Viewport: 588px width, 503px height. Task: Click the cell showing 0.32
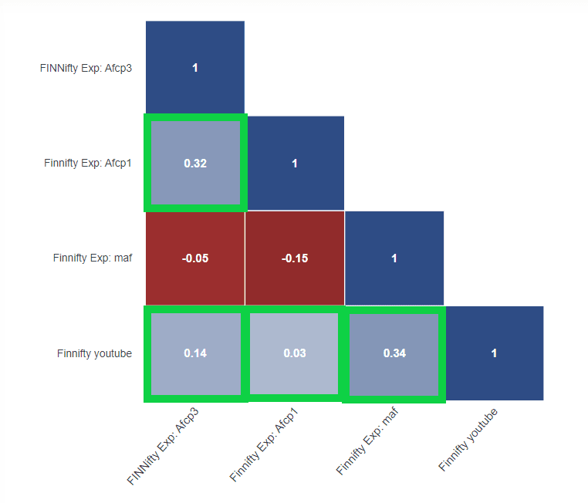tap(195, 163)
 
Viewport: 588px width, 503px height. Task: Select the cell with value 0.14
tap(195, 353)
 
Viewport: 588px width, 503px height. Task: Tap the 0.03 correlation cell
tap(295, 353)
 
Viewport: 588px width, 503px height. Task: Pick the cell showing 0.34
tap(394, 353)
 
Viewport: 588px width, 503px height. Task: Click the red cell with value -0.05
tap(195, 258)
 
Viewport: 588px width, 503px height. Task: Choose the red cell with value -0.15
tap(295, 258)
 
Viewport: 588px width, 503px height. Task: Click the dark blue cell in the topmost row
tap(195, 68)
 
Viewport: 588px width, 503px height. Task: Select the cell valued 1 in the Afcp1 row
tap(295, 163)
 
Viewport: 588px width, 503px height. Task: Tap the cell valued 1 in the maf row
tap(394, 258)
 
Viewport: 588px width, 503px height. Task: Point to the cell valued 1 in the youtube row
tap(494, 353)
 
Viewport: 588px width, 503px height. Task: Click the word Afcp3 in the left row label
tap(117, 68)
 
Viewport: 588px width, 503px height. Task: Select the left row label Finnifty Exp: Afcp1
tap(88, 163)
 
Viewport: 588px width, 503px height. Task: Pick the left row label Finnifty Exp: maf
tap(93, 258)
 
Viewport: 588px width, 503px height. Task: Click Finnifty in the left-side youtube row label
tap(75, 353)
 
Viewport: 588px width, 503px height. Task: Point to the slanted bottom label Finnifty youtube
tap(468, 440)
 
